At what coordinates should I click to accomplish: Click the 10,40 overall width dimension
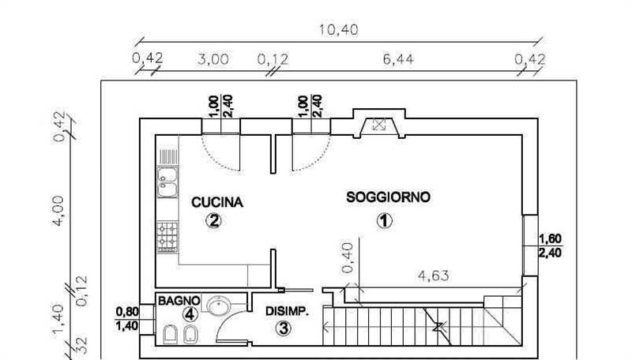pyautogui.click(x=339, y=30)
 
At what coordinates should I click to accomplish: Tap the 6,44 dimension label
pyautogui.click(x=398, y=59)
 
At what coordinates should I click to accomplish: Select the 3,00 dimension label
pyautogui.click(x=213, y=59)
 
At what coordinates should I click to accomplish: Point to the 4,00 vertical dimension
pyautogui.click(x=58, y=211)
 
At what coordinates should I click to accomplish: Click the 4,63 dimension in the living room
pyautogui.click(x=434, y=276)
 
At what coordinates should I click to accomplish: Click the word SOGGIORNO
pyautogui.click(x=388, y=197)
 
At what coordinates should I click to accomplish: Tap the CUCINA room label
pyautogui.click(x=217, y=202)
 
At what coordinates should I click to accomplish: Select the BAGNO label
pyautogui.click(x=179, y=301)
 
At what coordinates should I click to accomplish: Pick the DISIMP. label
pyautogui.click(x=287, y=311)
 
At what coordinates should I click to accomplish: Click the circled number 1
pyautogui.click(x=384, y=221)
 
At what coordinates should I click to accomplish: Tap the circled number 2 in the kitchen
pyautogui.click(x=213, y=220)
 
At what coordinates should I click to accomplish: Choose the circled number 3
pyautogui.click(x=284, y=328)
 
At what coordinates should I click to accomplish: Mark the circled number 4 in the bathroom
pyautogui.click(x=190, y=314)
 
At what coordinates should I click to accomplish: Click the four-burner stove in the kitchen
pyautogui.click(x=167, y=237)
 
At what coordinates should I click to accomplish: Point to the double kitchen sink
pyautogui.click(x=167, y=182)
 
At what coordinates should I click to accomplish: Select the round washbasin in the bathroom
pyautogui.click(x=219, y=305)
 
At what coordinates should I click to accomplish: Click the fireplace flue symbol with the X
pyautogui.click(x=379, y=125)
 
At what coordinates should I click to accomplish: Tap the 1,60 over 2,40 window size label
pyautogui.click(x=550, y=246)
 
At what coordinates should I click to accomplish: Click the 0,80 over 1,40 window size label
pyautogui.click(x=127, y=318)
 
